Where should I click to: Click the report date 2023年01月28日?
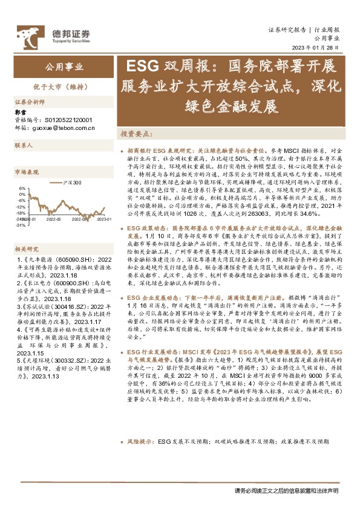tap(317, 48)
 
